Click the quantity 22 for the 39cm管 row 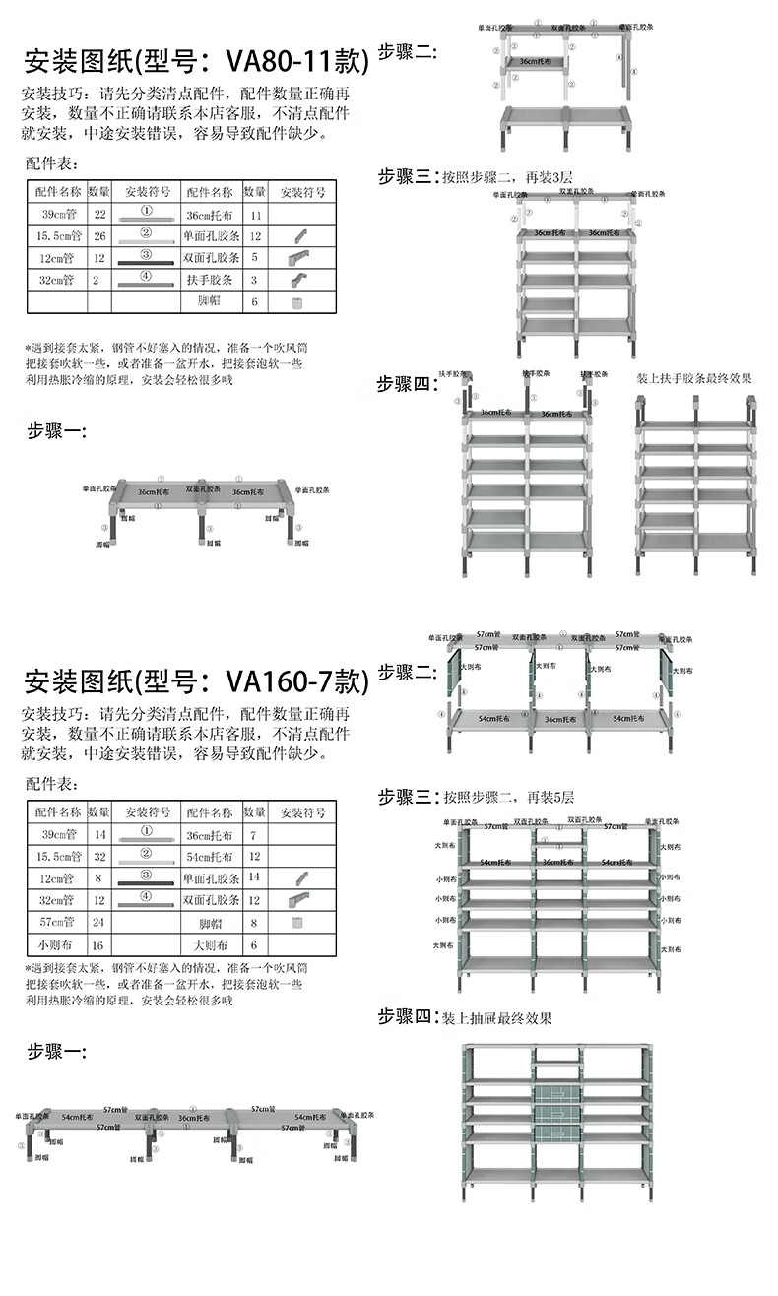click(x=99, y=213)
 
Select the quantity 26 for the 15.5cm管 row click(x=99, y=235)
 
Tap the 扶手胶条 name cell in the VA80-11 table click(x=209, y=281)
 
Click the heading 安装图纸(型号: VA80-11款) click(x=197, y=62)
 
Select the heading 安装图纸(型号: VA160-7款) click(x=197, y=680)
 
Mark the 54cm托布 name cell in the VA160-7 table click(x=209, y=857)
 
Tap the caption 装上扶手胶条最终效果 click(x=693, y=377)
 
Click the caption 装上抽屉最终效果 click(x=497, y=1018)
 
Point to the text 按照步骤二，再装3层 click(x=507, y=177)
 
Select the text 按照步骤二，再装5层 click(x=507, y=796)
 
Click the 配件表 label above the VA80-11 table click(x=53, y=164)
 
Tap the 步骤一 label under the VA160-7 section click(x=56, y=1052)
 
